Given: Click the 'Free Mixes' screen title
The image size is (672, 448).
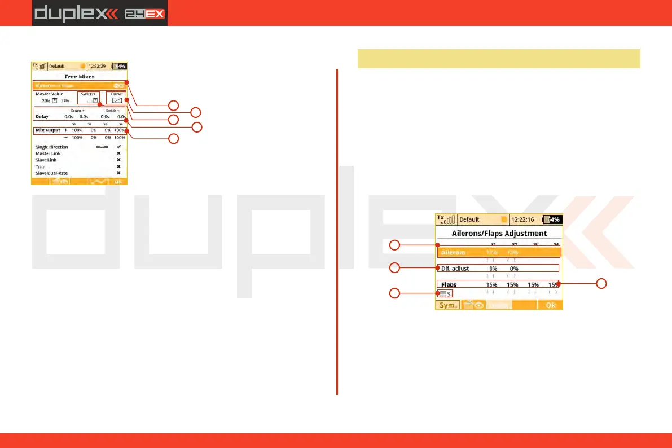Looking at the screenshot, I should (x=79, y=76).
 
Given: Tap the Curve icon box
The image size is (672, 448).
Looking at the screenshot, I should (x=117, y=100).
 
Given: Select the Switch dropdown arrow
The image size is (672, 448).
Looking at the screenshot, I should (x=95, y=100).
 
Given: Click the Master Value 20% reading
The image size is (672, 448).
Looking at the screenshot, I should (x=46, y=100).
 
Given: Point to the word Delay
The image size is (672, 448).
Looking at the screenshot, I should (x=42, y=117).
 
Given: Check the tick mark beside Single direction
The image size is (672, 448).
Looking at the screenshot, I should (x=118, y=147).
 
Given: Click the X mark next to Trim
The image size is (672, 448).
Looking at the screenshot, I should (x=118, y=166).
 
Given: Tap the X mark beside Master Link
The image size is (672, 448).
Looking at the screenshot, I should (x=118, y=153).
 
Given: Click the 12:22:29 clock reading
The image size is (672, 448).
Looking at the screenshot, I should (x=98, y=66).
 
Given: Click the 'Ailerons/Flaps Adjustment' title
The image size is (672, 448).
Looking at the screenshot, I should (x=499, y=233).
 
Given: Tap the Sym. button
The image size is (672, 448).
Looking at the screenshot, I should (x=446, y=305).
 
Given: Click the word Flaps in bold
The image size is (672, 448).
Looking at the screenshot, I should (x=449, y=285).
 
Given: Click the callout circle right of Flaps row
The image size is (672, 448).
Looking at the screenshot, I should (x=603, y=283).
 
